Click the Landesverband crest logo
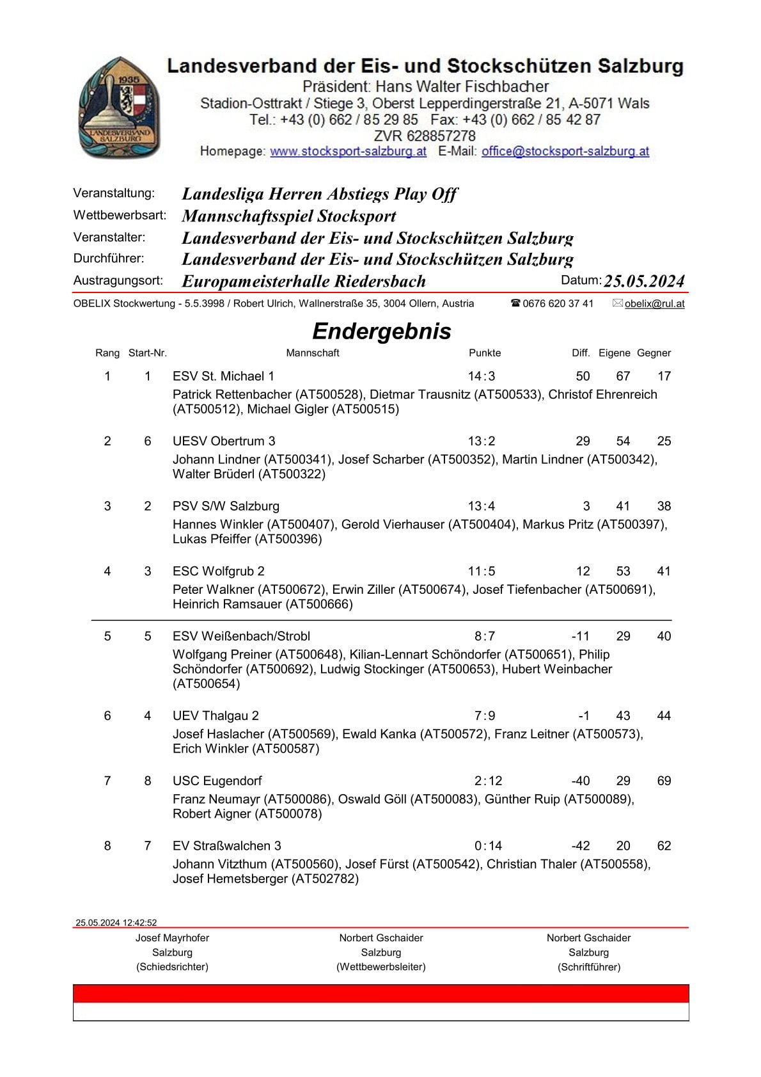(x=119, y=108)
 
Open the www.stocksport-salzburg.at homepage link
(x=348, y=152)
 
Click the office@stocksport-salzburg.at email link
(x=565, y=152)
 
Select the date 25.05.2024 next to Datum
(x=644, y=281)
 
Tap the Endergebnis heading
(x=381, y=331)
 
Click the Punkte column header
(x=485, y=353)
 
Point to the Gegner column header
(x=654, y=353)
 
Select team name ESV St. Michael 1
(x=223, y=376)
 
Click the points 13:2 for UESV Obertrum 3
(x=482, y=442)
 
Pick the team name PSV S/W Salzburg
(x=226, y=506)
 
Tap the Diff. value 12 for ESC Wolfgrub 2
(x=583, y=571)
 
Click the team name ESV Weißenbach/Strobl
(x=241, y=636)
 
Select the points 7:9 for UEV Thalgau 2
(x=485, y=716)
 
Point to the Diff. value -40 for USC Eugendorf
(x=580, y=781)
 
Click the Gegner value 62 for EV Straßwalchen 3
(x=664, y=846)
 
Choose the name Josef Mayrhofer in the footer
(x=172, y=938)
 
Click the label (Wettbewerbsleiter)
(x=380, y=967)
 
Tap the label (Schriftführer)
(x=588, y=967)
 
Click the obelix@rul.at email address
(x=654, y=304)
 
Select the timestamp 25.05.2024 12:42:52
(x=116, y=923)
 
